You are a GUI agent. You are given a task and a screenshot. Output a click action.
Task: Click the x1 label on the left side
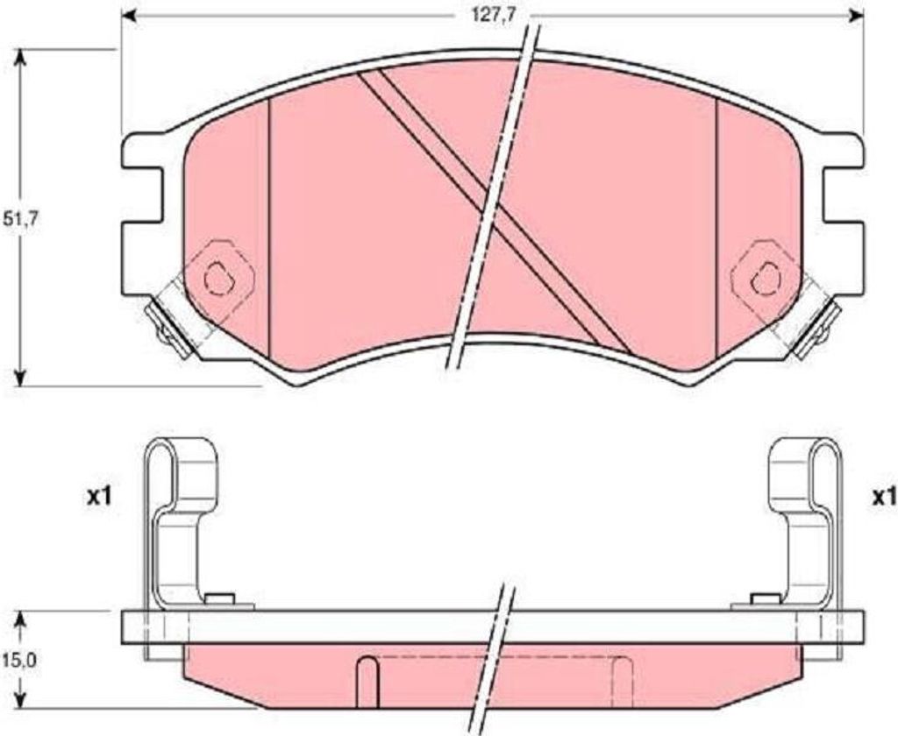point(98,498)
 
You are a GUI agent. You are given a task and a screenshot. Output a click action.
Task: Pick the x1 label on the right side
point(884,498)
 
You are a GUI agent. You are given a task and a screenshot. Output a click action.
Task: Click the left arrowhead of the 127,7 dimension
point(130,16)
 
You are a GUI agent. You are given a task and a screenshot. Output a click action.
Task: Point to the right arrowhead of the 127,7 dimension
point(856,16)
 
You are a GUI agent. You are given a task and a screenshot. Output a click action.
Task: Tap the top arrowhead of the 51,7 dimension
point(21,57)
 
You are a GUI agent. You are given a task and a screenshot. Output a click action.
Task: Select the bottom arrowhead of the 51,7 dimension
point(21,379)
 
